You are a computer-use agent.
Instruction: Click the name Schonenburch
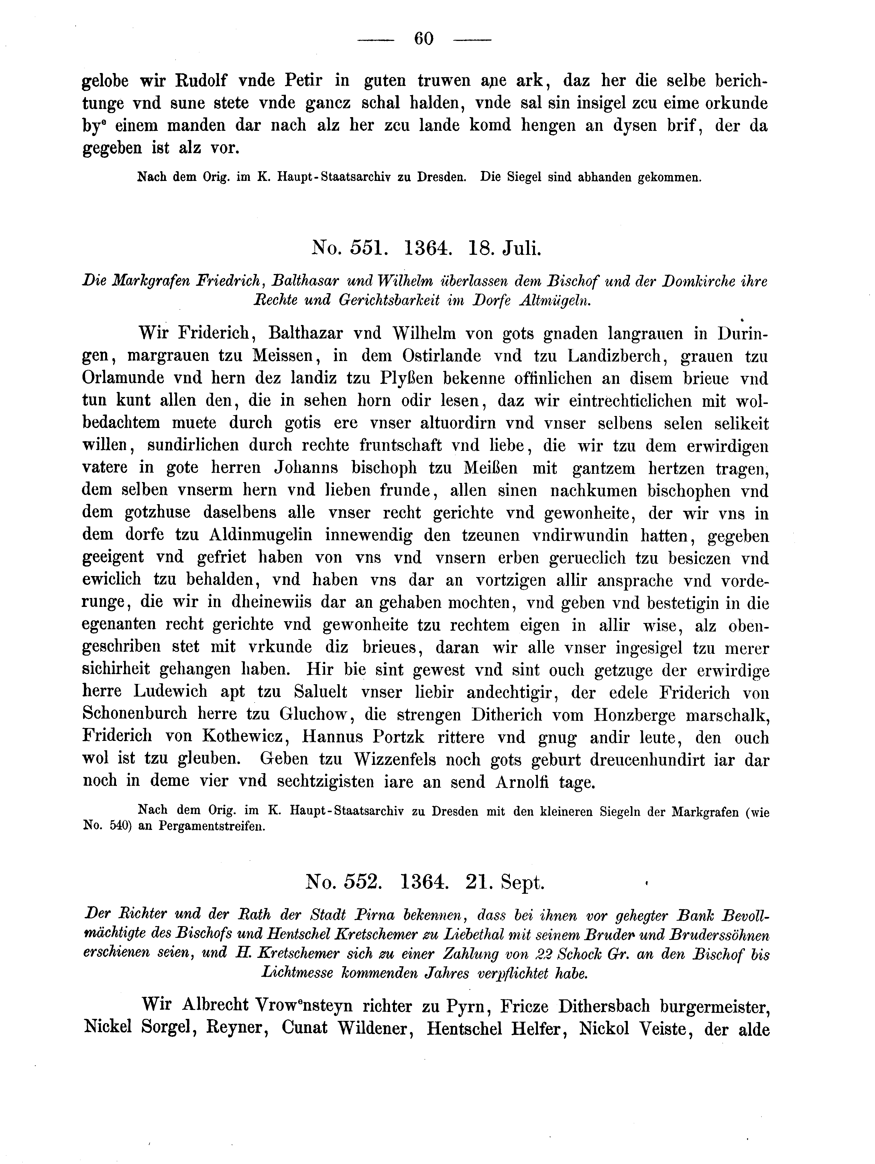pos(135,714)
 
